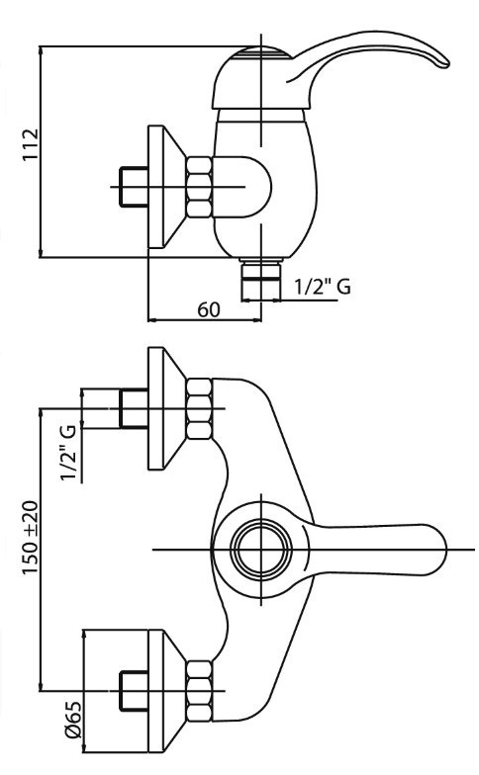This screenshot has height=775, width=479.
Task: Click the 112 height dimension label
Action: tap(30, 144)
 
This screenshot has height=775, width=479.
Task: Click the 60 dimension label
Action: tap(208, 309)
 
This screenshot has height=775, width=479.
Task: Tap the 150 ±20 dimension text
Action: tap(30, 538)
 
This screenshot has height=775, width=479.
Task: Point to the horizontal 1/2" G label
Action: tap(323, 287)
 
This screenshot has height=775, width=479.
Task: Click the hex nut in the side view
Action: tap(200, 187)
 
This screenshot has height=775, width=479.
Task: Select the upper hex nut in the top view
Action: tap(200, 408)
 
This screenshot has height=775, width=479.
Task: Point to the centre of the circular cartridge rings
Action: tap(261, 550)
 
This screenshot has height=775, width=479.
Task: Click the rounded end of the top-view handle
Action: tap(437, 550)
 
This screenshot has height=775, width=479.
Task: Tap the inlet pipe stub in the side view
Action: tap(134, 187)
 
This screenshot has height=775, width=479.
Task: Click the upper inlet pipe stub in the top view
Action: tap(134, 408)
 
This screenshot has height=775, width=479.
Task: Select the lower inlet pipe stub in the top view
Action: tap(134, 691)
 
